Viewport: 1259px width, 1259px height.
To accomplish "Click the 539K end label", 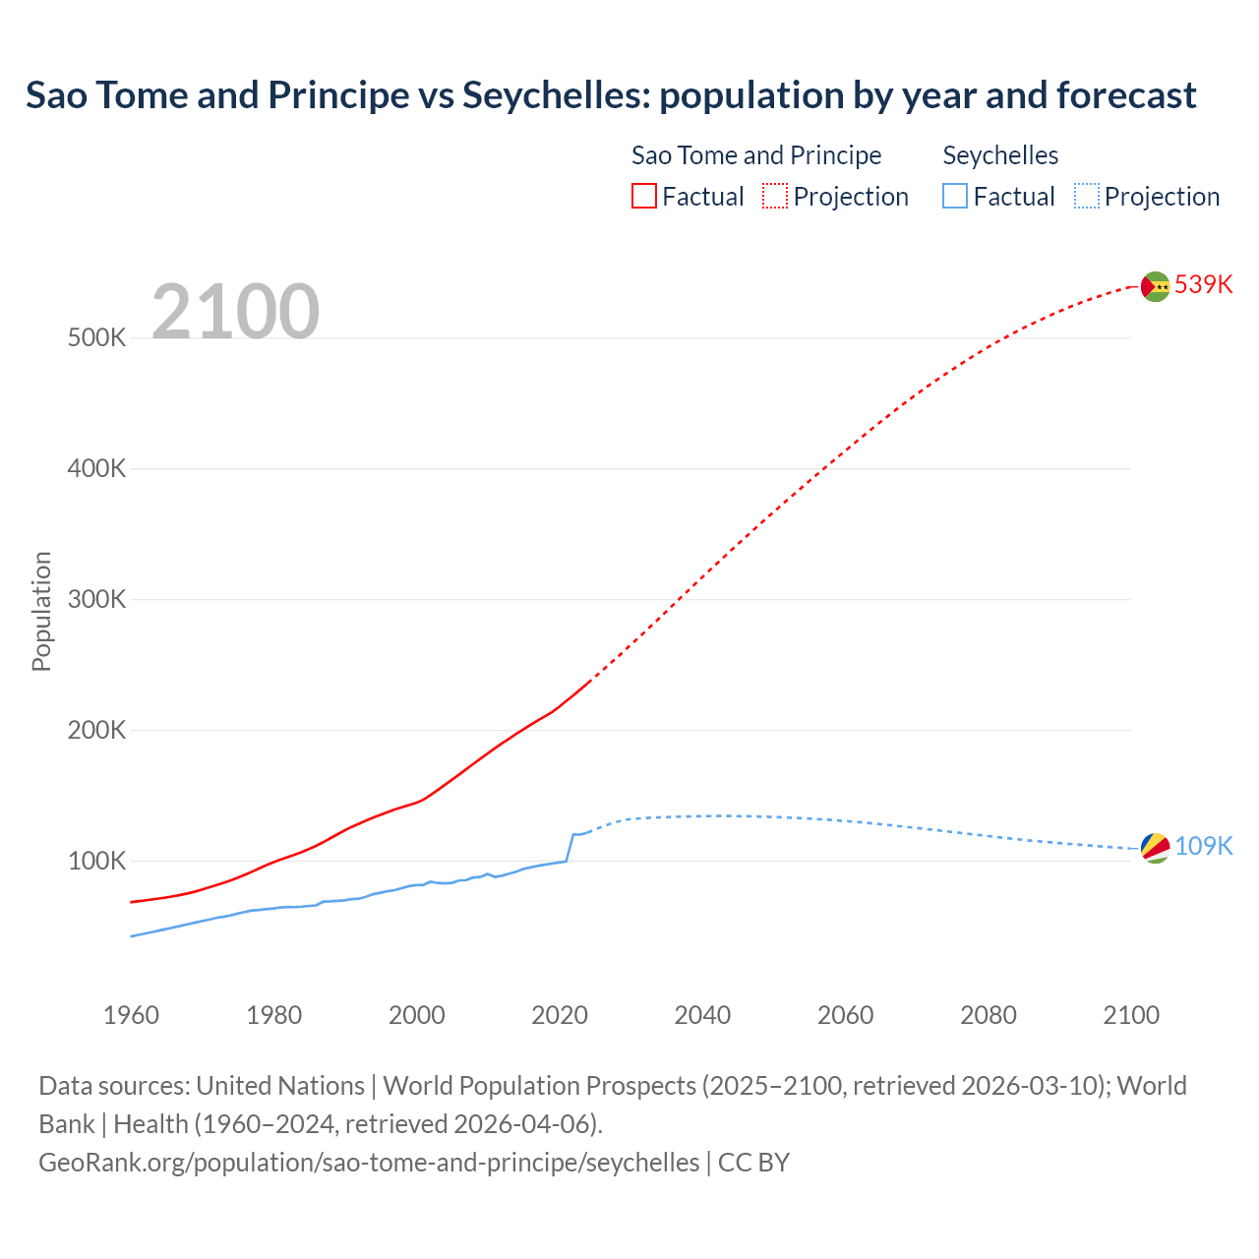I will (x=1203, y=284).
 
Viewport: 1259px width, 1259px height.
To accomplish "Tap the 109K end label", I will (x=1203, y=846).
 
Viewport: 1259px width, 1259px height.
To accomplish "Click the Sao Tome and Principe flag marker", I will (x=1155, y=286).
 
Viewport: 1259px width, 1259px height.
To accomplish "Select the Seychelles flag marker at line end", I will (x=1155, y=847).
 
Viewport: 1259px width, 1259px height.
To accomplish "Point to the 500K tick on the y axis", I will (x=96, y=337).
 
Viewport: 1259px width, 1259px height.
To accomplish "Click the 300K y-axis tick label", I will (x=96, y=599).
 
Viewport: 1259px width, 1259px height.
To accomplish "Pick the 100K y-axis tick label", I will (x=96, y=861).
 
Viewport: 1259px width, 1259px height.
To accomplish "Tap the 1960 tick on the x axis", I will (x=131, y=1015).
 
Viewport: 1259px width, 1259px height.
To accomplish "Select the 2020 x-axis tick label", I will (x=560, y=1015).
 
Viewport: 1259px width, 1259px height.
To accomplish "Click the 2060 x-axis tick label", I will (x=845, y=1015).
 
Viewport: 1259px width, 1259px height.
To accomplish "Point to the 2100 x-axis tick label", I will (x=1131, y=1015).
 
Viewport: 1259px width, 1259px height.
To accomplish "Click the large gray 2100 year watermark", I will (x=235, y=312).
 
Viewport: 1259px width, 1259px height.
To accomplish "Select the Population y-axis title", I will (x=41, y=611).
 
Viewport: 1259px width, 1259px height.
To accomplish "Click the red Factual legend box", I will (x=644, y=196).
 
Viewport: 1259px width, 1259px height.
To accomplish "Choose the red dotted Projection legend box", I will (x=775, y=196).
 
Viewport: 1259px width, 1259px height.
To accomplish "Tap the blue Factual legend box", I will (x=955, y=196).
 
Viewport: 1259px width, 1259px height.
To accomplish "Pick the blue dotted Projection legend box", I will (x=1086, y=196).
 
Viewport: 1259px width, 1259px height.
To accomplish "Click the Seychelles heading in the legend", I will (x=1000, y=155).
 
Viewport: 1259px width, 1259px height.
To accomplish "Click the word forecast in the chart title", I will (x=1126, y=95).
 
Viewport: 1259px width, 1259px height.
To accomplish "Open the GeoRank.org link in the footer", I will (x=369, y=1162).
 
